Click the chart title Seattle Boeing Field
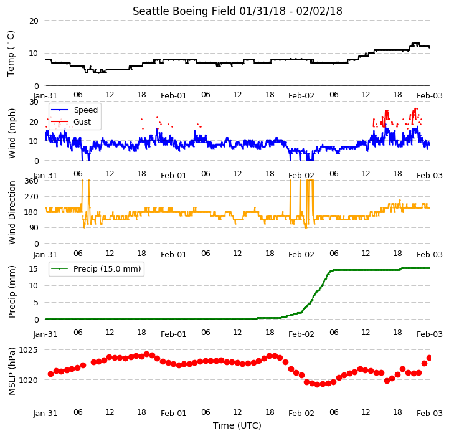click(x=184, y=11)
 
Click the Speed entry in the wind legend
click(x=85, y=110)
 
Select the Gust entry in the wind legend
click(x=82, y=121)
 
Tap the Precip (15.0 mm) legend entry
click(x=107, y=268)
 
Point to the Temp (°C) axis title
click(x=11, y=54)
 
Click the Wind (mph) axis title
click(x=11, y=133)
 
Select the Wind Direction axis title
click(x=11, y=212)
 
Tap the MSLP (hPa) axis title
click(x=11, y=371)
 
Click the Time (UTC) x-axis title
click(x=237, y=425)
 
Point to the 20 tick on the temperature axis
click(x=34, y=21)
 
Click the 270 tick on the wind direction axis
click(x=31, y=197)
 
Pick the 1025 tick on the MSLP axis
click(x=28, y=350)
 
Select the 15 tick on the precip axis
click(x=34, y=268)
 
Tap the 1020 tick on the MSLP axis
click(x=28, y=380)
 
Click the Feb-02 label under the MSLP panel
click(x=301, y=414)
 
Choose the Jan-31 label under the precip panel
click(x=45, y=334)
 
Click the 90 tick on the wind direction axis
click(x=34, y=228)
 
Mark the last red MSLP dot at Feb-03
click(x=429, y=358)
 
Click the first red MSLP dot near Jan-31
click(x=50, y=374)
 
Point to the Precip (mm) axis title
click(x=11, y=292)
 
